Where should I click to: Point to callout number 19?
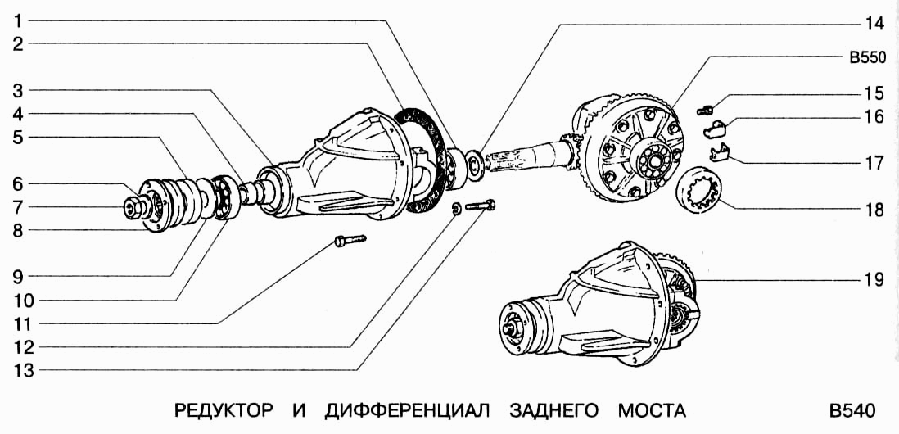click(874, 281)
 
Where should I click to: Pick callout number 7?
click(16, 206)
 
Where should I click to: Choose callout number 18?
click(874, 210)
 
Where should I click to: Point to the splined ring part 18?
click(702, 191)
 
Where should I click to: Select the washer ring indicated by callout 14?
click(476, 161)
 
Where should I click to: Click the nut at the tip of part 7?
click(131, 208)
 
